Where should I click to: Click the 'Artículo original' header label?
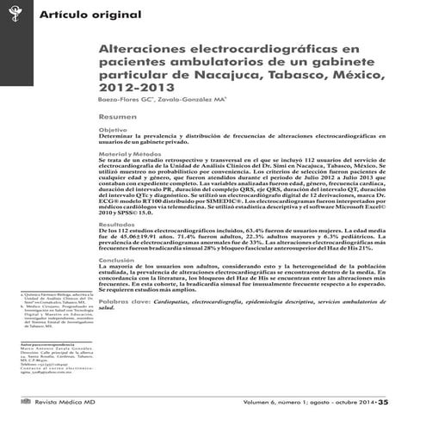pos(72,15)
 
